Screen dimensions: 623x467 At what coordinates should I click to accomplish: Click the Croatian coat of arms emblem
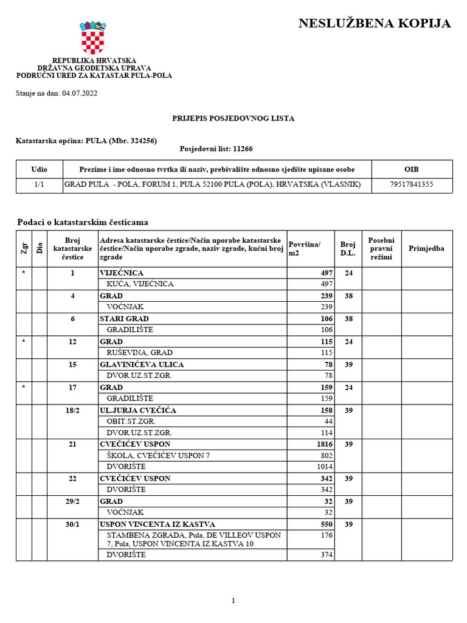pyautogui.click(x=93, y=38)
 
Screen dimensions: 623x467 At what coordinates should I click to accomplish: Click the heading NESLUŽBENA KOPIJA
pyautogui.click(x=375, y=24)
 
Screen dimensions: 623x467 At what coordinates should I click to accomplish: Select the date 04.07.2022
pyautogui.click(x=80, y=94)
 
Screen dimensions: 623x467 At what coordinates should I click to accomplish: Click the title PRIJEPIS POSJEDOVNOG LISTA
pyautogui.click(x=233, y=118)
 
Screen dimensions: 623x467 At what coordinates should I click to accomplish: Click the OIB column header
pyautogui.click(x=412, y=169)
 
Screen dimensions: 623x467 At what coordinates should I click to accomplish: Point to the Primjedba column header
pyautogui.click(x=426, y=248)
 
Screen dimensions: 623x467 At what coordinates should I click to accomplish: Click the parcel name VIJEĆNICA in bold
pyautogui.click(x=122, y=273)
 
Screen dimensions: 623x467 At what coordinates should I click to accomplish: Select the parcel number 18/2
pyautogui.click(x=72, y=411)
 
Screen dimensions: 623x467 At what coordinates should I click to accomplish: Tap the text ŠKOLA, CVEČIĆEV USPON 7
pyautogui.click(x=158, y=456)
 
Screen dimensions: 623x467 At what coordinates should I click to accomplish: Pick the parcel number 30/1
pyautogui.click(x=72, y=524)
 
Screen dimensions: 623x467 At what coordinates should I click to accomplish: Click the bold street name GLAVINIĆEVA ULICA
pyautogui.click(x=142, y=364)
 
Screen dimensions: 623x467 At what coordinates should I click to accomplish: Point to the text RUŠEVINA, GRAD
pyautogui.click(x=140, y=353)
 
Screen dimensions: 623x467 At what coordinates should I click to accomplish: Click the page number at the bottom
pyautogui.click(x=233, y=600)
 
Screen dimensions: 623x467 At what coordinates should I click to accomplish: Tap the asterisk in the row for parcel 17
pyautogui.click(x=24, y=388)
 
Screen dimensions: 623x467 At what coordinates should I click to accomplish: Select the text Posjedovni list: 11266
pyautogui.click(x=216, y=148)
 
